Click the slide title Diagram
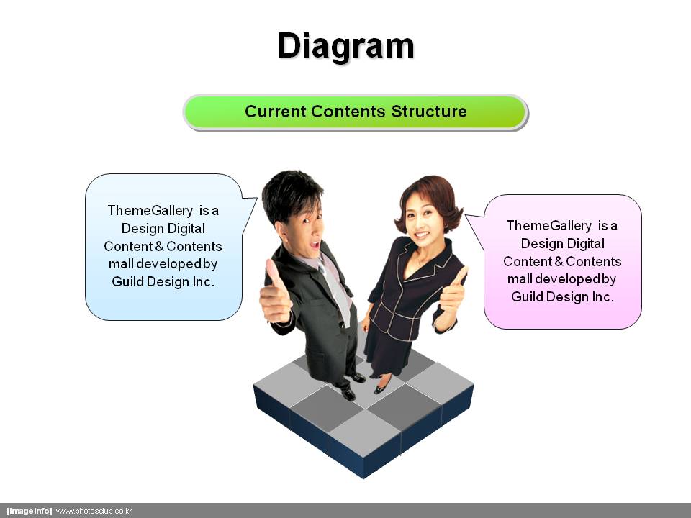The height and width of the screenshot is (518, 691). point(346,46)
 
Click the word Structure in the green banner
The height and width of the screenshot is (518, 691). point(429,112)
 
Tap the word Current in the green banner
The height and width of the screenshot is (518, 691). point(276,112)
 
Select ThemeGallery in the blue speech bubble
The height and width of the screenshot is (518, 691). point(150,211)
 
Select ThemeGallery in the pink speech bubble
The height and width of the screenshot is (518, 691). point(549,225)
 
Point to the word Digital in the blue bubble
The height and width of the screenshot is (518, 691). point(186,229)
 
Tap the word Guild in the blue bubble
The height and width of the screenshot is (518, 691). point(127,281)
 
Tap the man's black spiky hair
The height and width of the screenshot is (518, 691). point(291,194)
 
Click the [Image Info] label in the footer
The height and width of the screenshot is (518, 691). point(29,511)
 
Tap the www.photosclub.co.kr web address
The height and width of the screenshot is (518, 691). point(94,511)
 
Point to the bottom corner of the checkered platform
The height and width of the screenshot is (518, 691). point(363,478)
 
